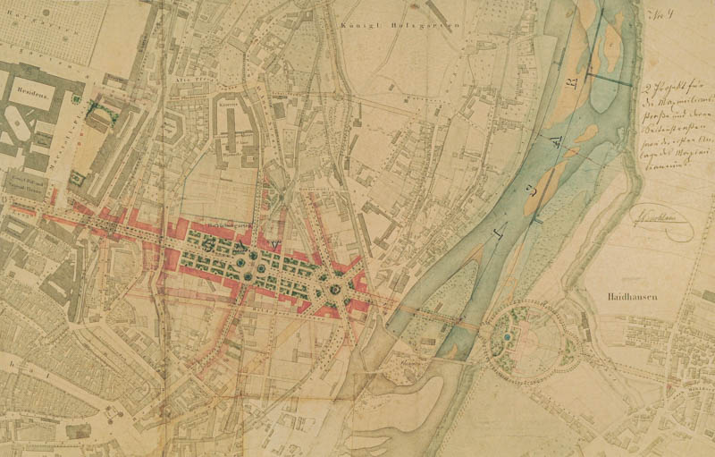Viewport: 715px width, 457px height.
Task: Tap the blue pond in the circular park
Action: pos(508,337)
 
